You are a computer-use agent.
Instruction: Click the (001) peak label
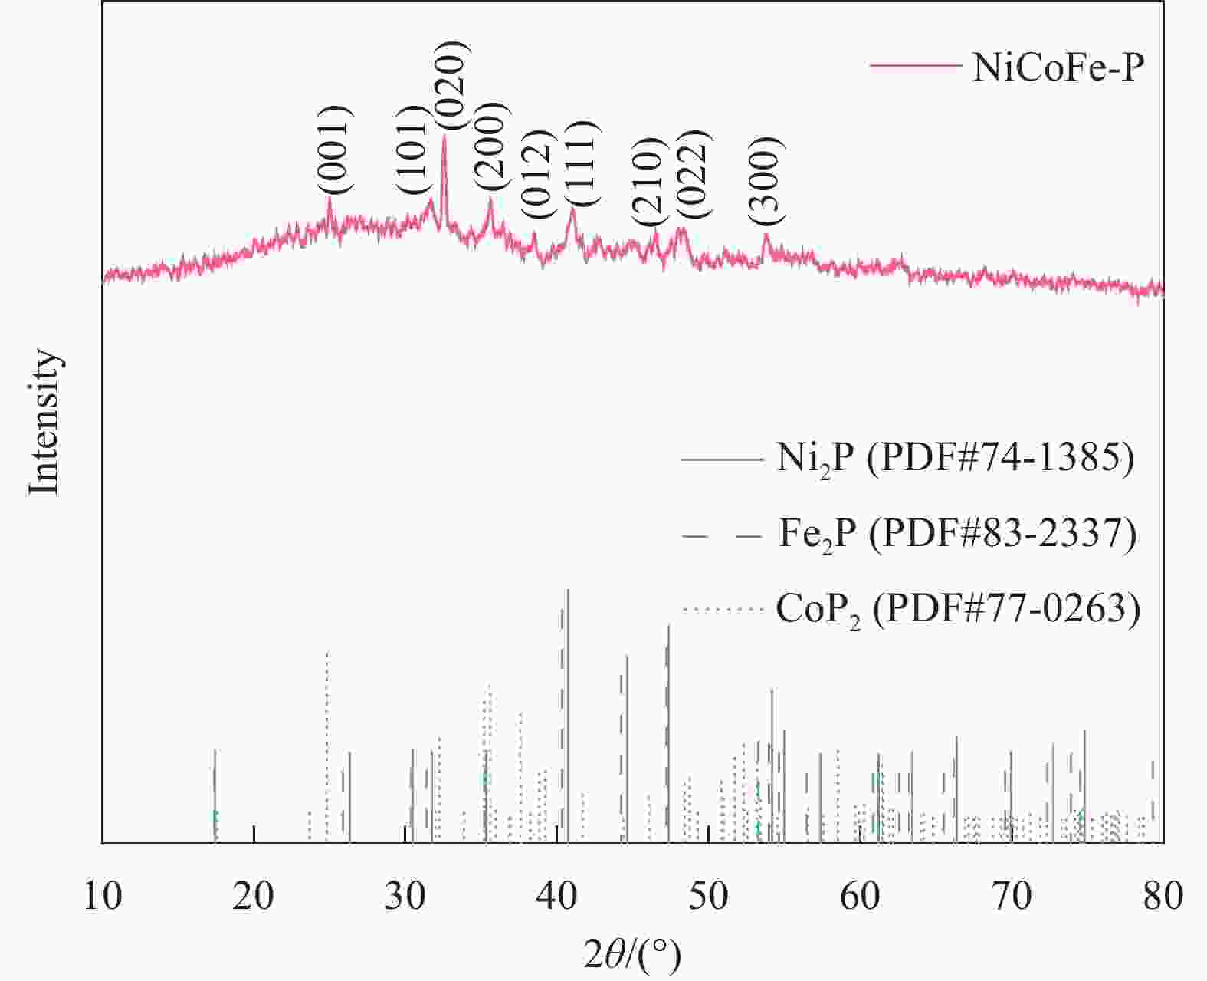[336, 150]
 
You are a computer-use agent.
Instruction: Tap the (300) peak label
[767, 182]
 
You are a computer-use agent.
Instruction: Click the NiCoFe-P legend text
[1058, 67]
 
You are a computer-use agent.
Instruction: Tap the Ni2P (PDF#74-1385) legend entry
[955, 459]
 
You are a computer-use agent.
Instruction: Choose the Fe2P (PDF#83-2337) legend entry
[956, 534]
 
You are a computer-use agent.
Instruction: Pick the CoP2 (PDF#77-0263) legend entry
[957, 610]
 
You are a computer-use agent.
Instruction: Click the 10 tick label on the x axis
[103, 895]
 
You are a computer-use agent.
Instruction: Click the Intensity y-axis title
[44, 423]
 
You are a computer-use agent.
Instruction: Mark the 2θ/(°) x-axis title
[632, 953]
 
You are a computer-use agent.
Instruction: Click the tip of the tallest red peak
[444, 136]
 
